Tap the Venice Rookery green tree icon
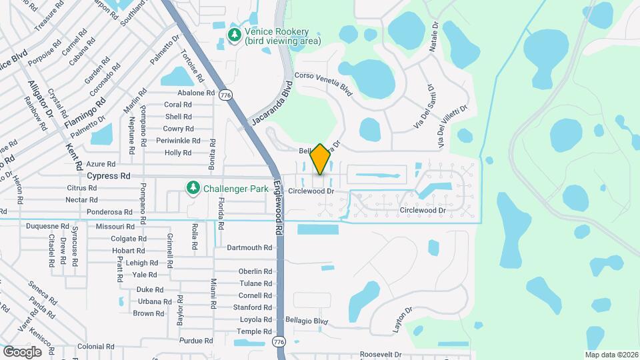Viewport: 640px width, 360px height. (x=235, y=35)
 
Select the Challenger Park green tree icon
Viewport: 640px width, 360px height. (x=193, y=187)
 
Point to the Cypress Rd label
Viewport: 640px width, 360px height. (x=109, y=176)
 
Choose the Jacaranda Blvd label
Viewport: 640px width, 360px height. (x=271, y=105)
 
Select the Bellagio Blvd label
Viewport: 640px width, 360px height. (x=307, y=321)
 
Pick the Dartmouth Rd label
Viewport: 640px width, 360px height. (x=249, y=247)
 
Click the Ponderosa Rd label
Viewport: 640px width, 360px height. (x=109, y=212)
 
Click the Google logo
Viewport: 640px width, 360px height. (x=22, y=351)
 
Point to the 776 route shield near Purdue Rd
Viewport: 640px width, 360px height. (x=279, y=342)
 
